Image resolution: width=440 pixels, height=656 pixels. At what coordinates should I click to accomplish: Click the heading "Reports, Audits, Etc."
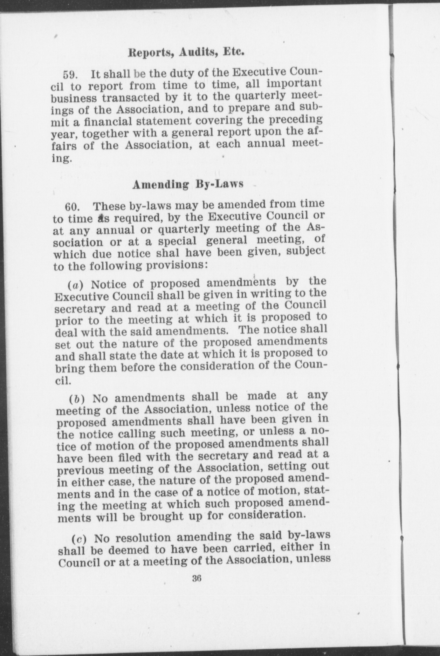point(186,52)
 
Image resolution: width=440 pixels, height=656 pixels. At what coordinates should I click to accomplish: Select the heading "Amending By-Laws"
point(188,184)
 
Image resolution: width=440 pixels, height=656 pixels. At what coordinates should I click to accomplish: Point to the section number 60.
point(72,207)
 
